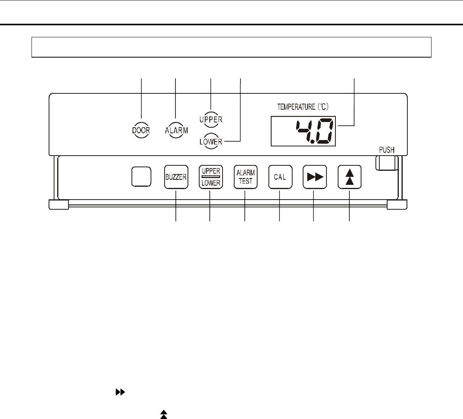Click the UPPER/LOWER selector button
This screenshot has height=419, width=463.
(x=210, y=177)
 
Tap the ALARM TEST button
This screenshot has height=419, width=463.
(x=245, y=177)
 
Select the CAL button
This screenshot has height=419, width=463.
(x=280, y=177)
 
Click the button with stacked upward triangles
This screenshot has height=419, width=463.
(x=349, y=177)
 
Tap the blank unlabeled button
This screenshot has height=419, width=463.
(x=141, y=177)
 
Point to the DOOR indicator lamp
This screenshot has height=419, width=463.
(x=141, y=130)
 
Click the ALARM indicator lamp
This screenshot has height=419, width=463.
(x=176, y=130)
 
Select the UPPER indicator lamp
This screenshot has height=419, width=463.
(x=211, y=119)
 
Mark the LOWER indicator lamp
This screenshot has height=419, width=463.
(x=211, y=142)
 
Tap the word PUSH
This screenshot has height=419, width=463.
(x=386, y=150)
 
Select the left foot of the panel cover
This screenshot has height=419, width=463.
(x=59, y=205)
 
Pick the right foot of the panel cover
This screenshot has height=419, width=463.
(x=397, y=205)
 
